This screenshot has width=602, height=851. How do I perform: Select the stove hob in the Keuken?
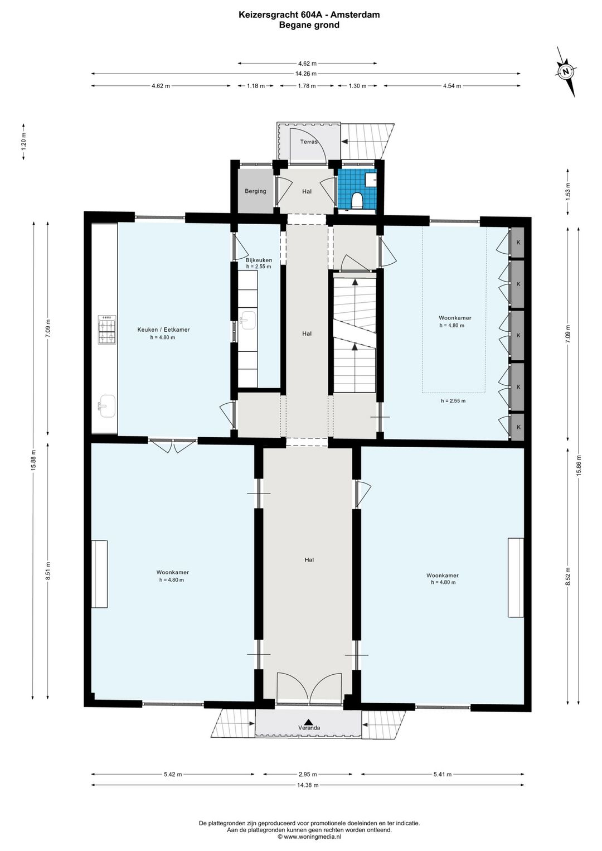108,330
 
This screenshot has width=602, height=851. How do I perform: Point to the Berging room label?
255,191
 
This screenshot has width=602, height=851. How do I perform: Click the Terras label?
309,142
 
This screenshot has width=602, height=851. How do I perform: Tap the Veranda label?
309,728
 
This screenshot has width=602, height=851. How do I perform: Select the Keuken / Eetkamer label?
163,330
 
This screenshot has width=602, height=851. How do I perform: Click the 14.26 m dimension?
306,74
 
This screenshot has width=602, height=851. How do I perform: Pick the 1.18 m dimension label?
255,86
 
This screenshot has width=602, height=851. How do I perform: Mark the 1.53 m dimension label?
567,191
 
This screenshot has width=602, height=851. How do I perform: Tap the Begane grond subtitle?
309,25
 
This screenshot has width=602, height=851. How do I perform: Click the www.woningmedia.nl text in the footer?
312,837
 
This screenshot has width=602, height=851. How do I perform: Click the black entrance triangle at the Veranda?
308,722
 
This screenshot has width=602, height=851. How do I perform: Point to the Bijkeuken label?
259,260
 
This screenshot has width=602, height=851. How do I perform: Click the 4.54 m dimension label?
452,86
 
